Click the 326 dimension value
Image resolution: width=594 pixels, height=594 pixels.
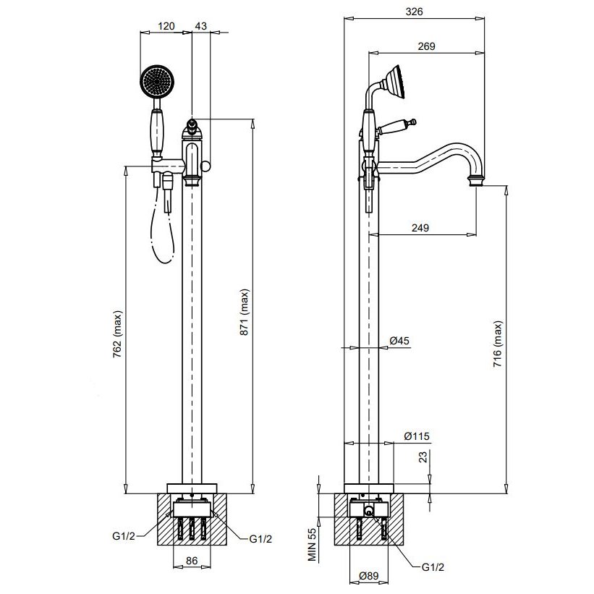tap(414, 11)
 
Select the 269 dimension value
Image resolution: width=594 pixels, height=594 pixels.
tap(425, 46)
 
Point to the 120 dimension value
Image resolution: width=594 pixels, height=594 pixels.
tap(166, 26)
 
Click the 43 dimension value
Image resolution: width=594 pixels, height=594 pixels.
tap(201, 26)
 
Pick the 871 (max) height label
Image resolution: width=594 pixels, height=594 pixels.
tap(245, 313)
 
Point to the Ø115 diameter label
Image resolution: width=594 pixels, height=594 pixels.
tap(417, 436)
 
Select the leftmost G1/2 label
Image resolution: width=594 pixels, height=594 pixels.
tap(124, 535)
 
